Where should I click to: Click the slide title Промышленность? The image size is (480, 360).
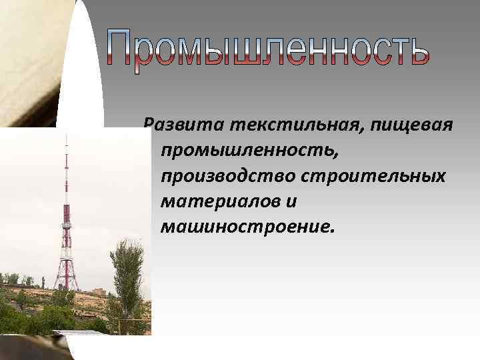[x=266, y=49]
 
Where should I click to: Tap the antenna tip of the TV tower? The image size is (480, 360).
[x=66, y=137]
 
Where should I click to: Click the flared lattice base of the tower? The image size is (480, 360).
[x=65, y=273]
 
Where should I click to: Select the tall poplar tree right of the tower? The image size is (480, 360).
[x=126, y=267]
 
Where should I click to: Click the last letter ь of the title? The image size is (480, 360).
[x=414, y=51]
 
